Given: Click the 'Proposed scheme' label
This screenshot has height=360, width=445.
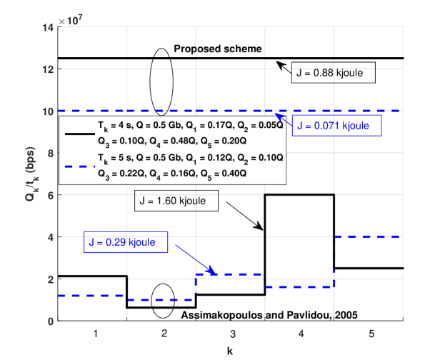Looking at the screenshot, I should click(219, 49).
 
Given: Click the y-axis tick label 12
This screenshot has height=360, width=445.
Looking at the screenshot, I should click(48, 69).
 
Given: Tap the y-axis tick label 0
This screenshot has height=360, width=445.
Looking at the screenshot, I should click(50, 321).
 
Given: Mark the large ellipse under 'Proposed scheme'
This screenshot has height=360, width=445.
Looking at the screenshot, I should click(161, 81).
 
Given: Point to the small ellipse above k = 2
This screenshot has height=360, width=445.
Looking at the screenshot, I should click(164, 300).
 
